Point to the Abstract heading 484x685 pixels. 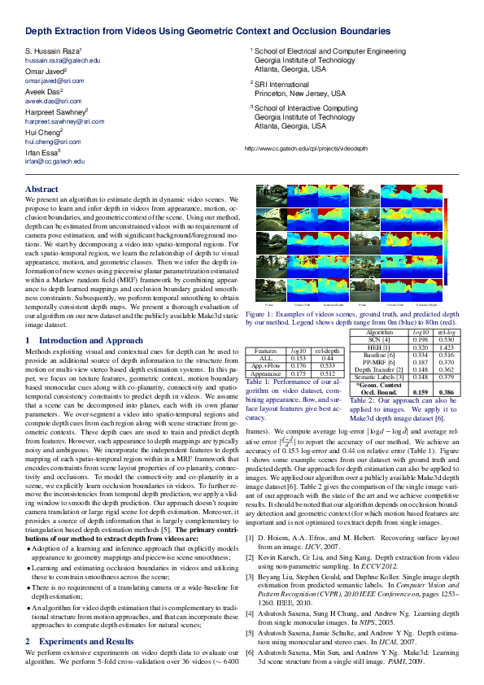42,189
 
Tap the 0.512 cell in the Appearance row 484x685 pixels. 328,373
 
